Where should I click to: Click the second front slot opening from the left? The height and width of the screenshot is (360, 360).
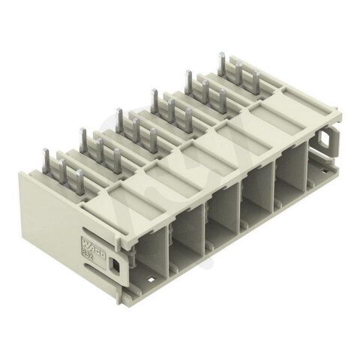(187, 238)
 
